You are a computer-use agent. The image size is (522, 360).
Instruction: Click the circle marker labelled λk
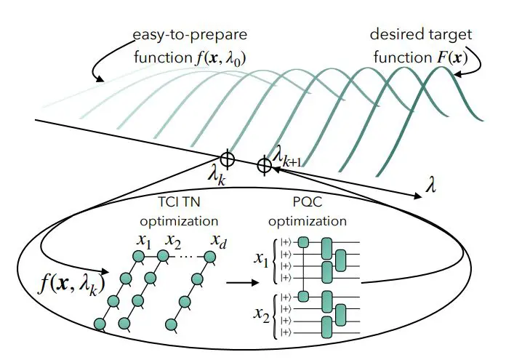click(228, 156)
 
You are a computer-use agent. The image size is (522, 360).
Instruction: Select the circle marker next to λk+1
click(265, 166)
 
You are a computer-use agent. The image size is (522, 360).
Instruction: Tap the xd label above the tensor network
click(217, 241)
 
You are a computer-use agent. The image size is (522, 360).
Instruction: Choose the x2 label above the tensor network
click(174, 241)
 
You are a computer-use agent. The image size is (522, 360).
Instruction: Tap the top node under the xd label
click(211, 256)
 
